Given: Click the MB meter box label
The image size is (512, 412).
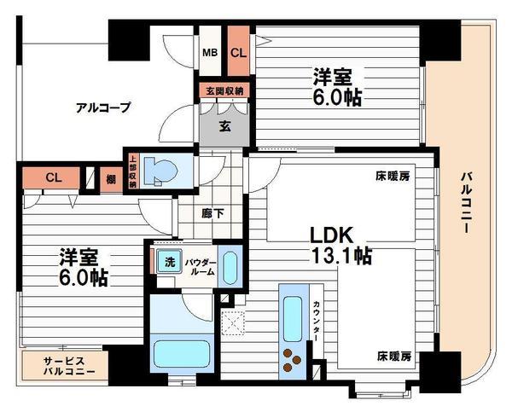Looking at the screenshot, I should pos(209,52).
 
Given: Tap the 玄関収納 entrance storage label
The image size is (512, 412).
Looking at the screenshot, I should pos(224,90).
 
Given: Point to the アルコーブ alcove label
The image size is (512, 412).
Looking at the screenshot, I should pos(102,107).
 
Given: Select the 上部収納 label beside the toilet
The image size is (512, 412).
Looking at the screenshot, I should pos(133,171).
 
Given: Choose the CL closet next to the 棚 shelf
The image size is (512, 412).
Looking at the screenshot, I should pos(53,178).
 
